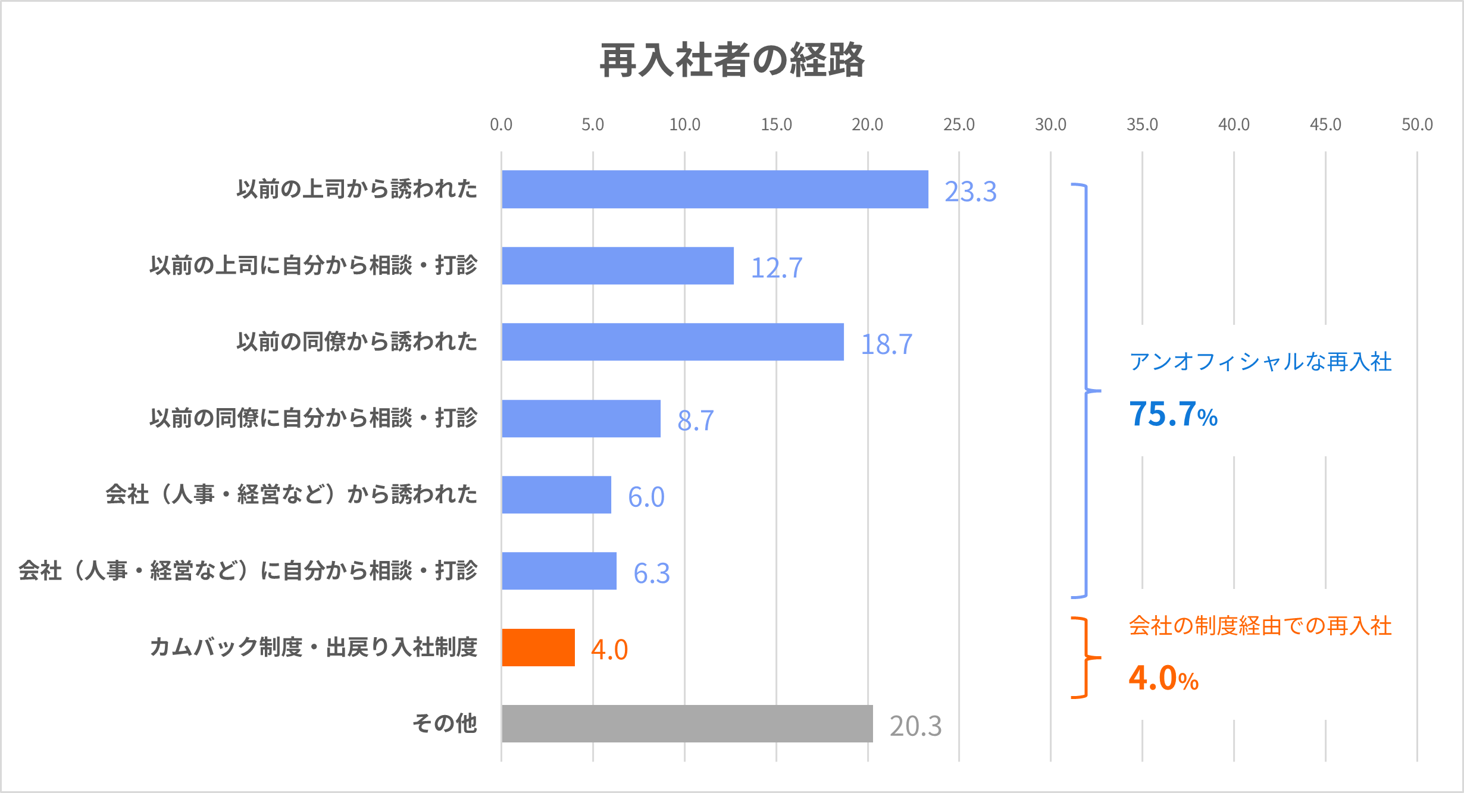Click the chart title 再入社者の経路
[x=731, y=61]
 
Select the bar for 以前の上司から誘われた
[x=715, y=189]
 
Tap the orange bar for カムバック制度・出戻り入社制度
[x=538, y=647]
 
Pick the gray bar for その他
[x=687, y=723]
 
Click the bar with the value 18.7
[x=672, y=342]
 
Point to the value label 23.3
[x=970, y=192]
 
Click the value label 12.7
[x=776, y=268]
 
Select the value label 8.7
[x=695, y=421]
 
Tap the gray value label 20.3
[x=915, y=726]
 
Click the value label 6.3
[x=651, y=573]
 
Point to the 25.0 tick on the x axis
[x=959, y=124]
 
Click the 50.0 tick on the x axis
[x=1417, y=124]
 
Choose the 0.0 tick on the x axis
[x=501, y=124]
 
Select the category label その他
[x=445, y=723]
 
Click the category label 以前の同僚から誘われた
[x=357, y=341]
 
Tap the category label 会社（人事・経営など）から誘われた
[x=292, y=494]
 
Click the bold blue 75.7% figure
[x=1173, y=414]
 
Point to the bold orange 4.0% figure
[x=1163, y=678]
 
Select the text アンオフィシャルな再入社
[x=1260, y=362]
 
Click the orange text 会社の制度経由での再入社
[x=1260, y=626]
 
